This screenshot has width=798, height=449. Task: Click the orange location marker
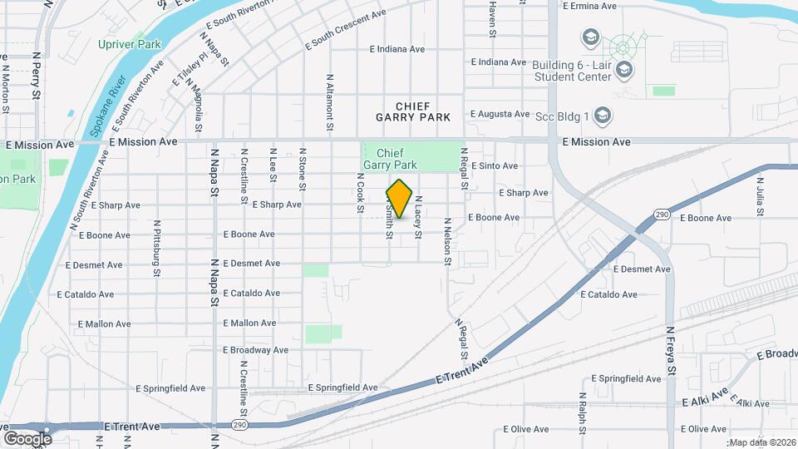[400, 199]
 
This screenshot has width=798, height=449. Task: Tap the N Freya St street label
[669, 353]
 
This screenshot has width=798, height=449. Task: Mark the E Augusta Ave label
[500, 114]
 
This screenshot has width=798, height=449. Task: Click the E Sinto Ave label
[495, 166]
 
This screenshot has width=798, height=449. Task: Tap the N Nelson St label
[447, 242]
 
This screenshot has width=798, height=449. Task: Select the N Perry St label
[36, 76]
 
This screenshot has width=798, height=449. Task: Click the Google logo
[27, 438]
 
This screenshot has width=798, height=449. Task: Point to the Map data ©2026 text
[762, 442]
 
